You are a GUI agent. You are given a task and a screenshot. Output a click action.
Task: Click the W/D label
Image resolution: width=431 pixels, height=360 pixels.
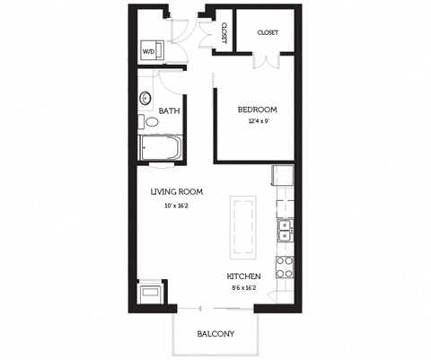click(148, 51)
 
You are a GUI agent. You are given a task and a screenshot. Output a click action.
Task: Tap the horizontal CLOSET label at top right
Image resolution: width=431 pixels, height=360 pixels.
click(268, 32)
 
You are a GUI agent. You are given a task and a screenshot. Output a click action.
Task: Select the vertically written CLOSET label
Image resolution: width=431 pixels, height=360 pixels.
click(222, 33)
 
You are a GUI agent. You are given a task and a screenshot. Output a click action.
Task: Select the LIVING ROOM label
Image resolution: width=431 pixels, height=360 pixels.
click(175, 191)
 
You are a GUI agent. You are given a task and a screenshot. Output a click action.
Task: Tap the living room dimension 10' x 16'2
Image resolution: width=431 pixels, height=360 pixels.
click(175, 206)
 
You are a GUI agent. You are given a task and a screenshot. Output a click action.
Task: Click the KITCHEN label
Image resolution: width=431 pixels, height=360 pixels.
click(243, 276)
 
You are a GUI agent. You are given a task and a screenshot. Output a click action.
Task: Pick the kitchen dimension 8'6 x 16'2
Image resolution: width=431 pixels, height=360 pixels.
click(243, 289)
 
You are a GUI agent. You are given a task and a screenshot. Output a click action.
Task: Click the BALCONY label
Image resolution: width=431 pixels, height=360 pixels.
click(215, 335)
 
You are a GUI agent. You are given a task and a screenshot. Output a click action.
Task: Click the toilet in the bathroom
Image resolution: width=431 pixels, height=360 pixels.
click(144, 122)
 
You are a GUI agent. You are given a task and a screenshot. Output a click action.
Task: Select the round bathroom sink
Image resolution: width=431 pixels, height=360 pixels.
click(145, 99)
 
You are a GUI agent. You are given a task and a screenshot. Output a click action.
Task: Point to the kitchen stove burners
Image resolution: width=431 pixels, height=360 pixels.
click(285, 265)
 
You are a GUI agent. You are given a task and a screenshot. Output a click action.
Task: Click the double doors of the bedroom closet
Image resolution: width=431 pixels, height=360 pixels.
click(268, 60)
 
